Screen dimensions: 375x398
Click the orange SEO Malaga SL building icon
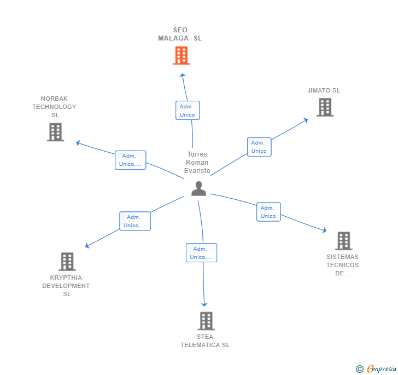pyautogui.click(x=181, y=55)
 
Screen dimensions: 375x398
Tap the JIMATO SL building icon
pyautogui.click(x=325, y=107)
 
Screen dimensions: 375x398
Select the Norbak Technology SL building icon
pyautogui.click(x=55, y=132)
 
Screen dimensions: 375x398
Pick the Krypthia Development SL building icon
pyautogui.click(x=67, y=262)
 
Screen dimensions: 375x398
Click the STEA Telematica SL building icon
pyautogui.click(x=206, y=321)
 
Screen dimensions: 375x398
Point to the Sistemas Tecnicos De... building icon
pyautogui.click(x=343, y=240)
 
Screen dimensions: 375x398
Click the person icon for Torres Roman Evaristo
pyautogui.click(x=198, y=188)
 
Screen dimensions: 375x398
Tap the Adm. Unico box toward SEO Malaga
pyautogui.click(x=188, y=111)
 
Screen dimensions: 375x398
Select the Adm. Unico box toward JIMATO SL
pyautogui.click(x=259, y=147)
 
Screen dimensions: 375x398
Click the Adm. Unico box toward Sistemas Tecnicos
pyautogui.click(x=268, y=212)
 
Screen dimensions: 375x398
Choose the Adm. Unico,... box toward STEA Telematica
pyautogui.click(x=201, y=253)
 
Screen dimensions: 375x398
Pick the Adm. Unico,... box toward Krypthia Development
pyautogui.click(x=134, y=221)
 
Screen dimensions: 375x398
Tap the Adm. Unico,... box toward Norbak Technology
pyautogui.click(x=130, y=160)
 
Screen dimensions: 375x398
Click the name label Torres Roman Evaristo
pyautogui.click(x=197, y=163)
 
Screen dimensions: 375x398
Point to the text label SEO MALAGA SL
pyautogui.click(x=180, y=34)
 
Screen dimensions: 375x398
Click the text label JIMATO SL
pyautogui.click(x=324, y=90)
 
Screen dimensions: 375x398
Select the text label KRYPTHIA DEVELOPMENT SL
pyautogui.click(x=66, y=286)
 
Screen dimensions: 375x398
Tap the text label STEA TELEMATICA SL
pyautogui.click(x=205, y=341)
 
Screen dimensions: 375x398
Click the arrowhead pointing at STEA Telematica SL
pyautogui.click(x=204, y=304)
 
